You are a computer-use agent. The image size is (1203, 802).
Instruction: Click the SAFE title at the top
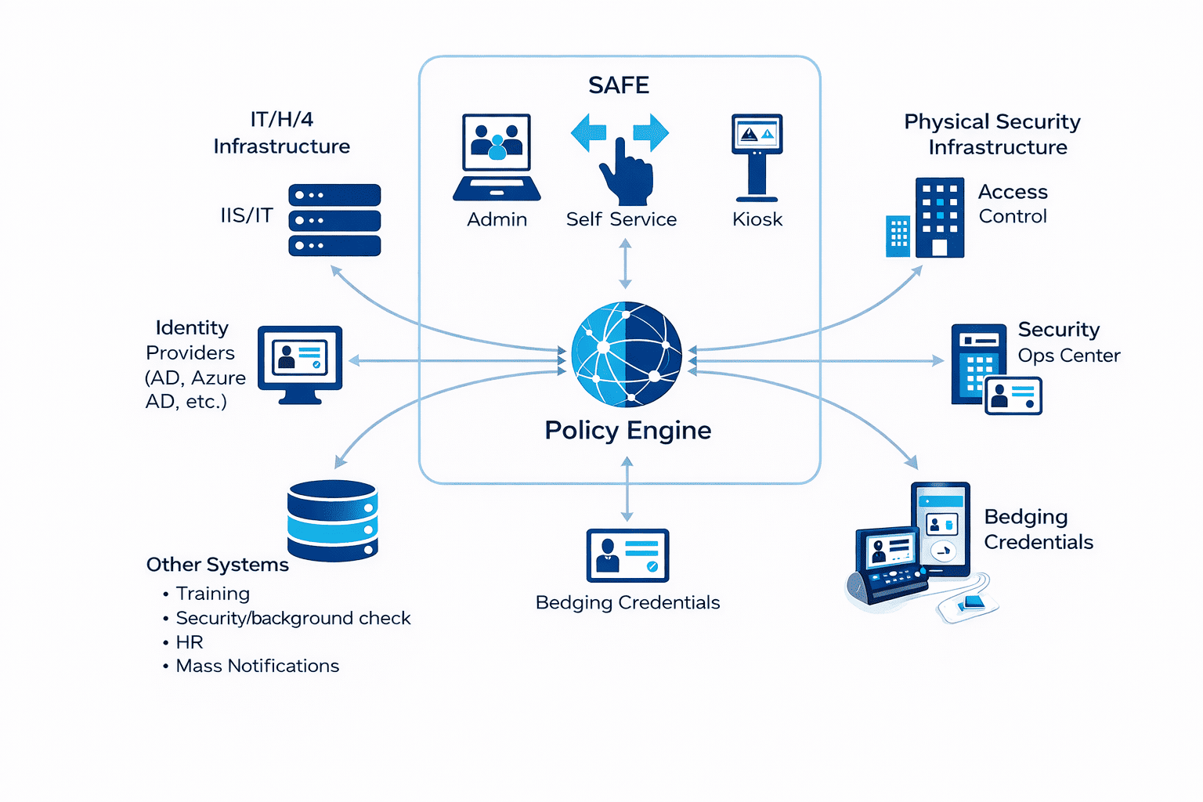pos(619,85)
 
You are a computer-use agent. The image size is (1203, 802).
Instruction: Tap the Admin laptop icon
pos(497,157)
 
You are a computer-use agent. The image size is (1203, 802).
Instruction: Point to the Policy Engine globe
pos(627,354)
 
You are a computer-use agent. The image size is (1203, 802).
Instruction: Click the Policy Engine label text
pos(628,430)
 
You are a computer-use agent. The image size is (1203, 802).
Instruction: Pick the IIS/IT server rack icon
pos(334,220)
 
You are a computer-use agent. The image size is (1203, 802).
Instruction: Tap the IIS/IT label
pos(247,215)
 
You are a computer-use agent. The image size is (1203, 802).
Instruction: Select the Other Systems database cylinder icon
pos(333,520)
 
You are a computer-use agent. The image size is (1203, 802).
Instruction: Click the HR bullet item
pos(190,642)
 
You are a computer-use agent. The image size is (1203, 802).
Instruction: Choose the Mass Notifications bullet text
pos(258,666)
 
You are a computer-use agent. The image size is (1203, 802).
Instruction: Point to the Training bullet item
pos(212,594)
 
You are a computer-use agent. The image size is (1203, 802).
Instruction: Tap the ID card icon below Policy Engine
pos(627,555)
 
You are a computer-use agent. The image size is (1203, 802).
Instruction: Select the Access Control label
pos(1013,204)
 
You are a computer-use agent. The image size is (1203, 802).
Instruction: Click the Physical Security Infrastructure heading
pos(993,134)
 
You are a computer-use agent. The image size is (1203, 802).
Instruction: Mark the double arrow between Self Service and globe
pos(625,265)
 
